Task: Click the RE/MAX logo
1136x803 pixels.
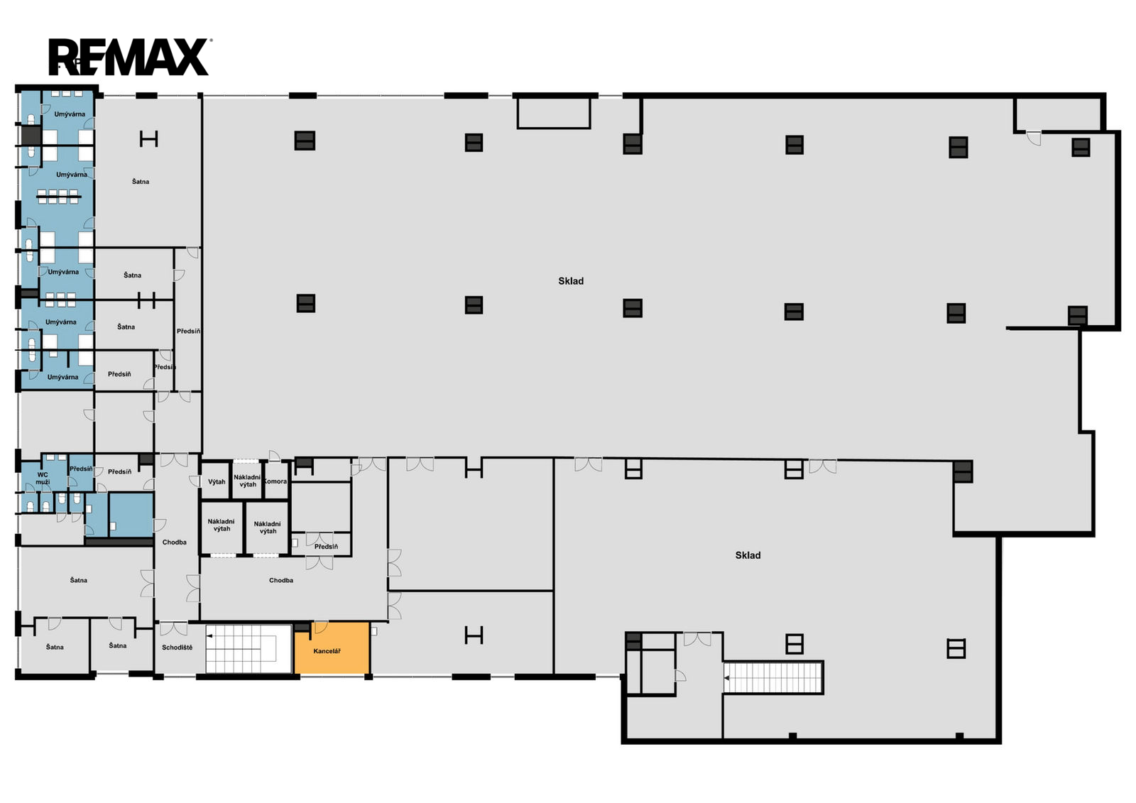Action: [x=129, y=57]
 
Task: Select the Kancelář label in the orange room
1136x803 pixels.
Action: [x=327, y=651]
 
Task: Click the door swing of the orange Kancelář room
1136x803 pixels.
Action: [x=321, y=628]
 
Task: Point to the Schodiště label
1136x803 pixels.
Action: [x=177, y=648]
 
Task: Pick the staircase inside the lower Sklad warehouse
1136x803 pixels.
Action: [x=773, y=677]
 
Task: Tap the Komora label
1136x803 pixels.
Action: [x=275, y=481]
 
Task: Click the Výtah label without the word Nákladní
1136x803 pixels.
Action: [x=217, y=482]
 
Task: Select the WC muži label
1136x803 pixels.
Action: [x=43, y=479]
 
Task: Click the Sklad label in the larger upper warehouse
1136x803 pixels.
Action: [x=571, y=281]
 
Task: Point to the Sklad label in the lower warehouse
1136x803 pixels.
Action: [x=748, y=555]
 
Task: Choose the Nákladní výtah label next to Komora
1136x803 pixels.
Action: [x=247, y=481]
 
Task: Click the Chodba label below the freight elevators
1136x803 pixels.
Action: [x=281, y=580]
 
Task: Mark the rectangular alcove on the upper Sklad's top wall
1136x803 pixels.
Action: [x=554, y=113]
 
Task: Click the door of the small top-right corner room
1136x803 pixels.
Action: [x=1034, y=138]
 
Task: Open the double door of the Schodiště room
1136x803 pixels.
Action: [x=173, y=628]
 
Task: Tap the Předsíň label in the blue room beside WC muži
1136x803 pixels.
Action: [x=81, y=469]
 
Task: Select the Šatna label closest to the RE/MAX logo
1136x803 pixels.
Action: [x=141, y=182]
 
